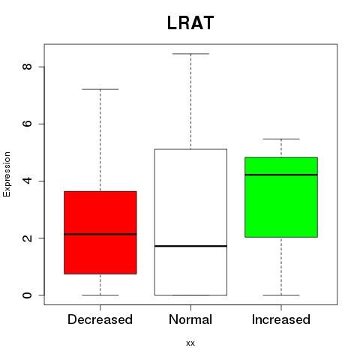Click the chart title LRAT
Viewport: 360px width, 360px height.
pyautogui.click(x=190, y=23)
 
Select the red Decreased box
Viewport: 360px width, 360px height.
pyautogui.click(x=100, y=232)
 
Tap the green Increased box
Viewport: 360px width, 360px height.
pyautogui.click(x=281, y=197)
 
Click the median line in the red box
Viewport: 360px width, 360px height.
pyautogui.click(x=100, y=234)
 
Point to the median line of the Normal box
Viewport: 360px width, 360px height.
pyautogui.click(x=190, y=246)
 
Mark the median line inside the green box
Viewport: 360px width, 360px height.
pyautogui.click(x=281, y=175)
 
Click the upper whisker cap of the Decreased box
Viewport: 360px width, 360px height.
pyautogui.click(x=100, y=89)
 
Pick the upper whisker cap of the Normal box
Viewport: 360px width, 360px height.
pyautogui.click(x=190, y=54)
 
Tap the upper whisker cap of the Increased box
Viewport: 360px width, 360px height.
pyautogui.click(x=281, y=139)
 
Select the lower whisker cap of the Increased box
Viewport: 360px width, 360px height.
pyautogui.click(x=281, y=295)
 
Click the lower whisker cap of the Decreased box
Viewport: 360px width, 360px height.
pyautogui.click(x=100, y=295)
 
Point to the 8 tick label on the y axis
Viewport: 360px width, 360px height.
pyautogui.click(x=27, y=67)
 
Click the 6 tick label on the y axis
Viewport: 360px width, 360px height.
pyautogui.click(x=27, y=124)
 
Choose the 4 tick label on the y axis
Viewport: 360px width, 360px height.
pyautogui.click(x=27, y=181)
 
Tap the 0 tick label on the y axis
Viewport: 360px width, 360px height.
pyautogui.click(x=27, y=295)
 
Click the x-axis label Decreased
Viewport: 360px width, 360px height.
pyautogui.click(x=100, y=319)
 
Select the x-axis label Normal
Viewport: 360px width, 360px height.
pyautogui.click(x=190, y=319)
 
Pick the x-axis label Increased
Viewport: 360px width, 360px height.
pyautogui.click(x=281, y=319)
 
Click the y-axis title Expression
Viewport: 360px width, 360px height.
pyautogui.click(x=7, y=174)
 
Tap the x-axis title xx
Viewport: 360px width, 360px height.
pyautogui.click(x=190, y=343)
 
